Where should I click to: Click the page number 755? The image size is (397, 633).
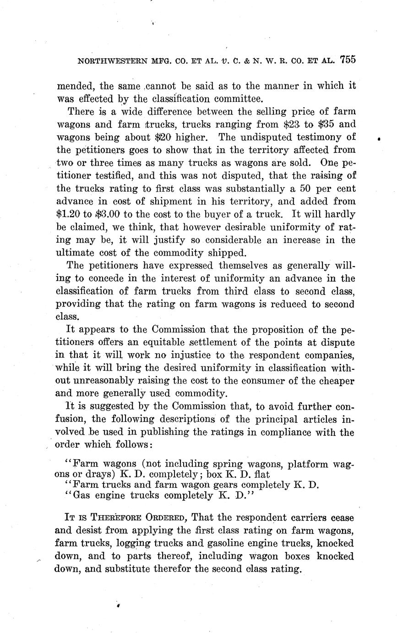(x=348, y=60)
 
